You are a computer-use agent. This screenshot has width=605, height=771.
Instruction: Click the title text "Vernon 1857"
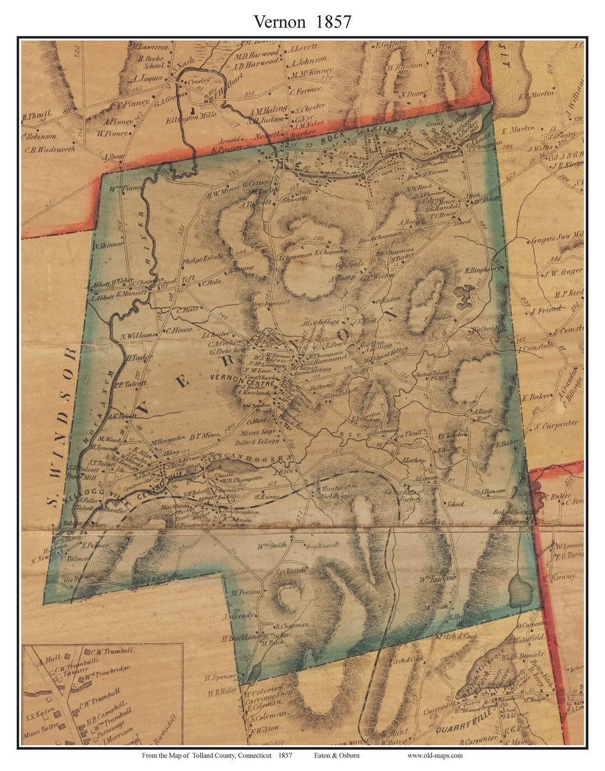point(302,21)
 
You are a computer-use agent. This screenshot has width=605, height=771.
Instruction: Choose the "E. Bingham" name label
point(482,269)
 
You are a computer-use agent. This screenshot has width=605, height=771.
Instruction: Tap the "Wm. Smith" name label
point(272,545)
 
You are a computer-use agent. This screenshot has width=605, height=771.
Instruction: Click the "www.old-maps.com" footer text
point(435,755)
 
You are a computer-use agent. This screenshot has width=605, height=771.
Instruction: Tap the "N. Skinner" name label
point(108,245)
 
